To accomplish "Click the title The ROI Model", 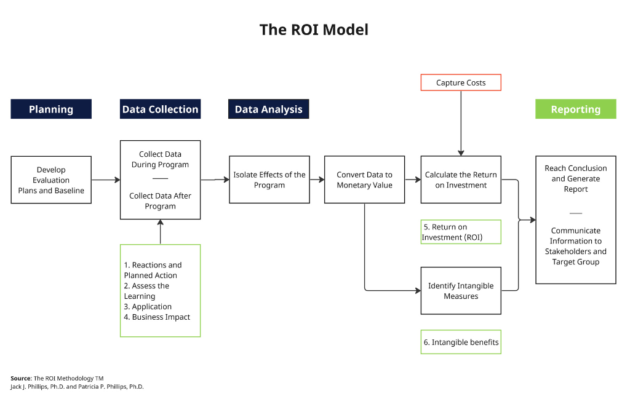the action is click(314, 30).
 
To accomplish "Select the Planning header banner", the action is click(51, 109).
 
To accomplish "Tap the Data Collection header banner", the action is click(161, 109).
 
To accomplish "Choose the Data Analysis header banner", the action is click(269, 109).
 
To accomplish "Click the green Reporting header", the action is click(576, 109).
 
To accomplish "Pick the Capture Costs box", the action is click(461, 83).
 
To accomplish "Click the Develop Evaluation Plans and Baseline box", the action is click(51, 180).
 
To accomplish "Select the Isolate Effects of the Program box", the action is click(269, 180).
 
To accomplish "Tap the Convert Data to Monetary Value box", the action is click(364, 180).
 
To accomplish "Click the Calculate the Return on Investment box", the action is click(461, 180).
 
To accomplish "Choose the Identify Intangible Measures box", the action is click(461, 291).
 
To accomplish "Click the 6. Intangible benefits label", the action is click(461, 342).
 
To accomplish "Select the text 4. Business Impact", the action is click(157, 317).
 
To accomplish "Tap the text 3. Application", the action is click(148, 307).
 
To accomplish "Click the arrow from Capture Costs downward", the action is click(461, 123).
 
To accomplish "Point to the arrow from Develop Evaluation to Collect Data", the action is click(106, 180).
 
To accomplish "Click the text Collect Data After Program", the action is click(161, 200).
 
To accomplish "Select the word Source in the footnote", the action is click(21, 378).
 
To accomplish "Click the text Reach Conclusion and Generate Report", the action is click(576, 179).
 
